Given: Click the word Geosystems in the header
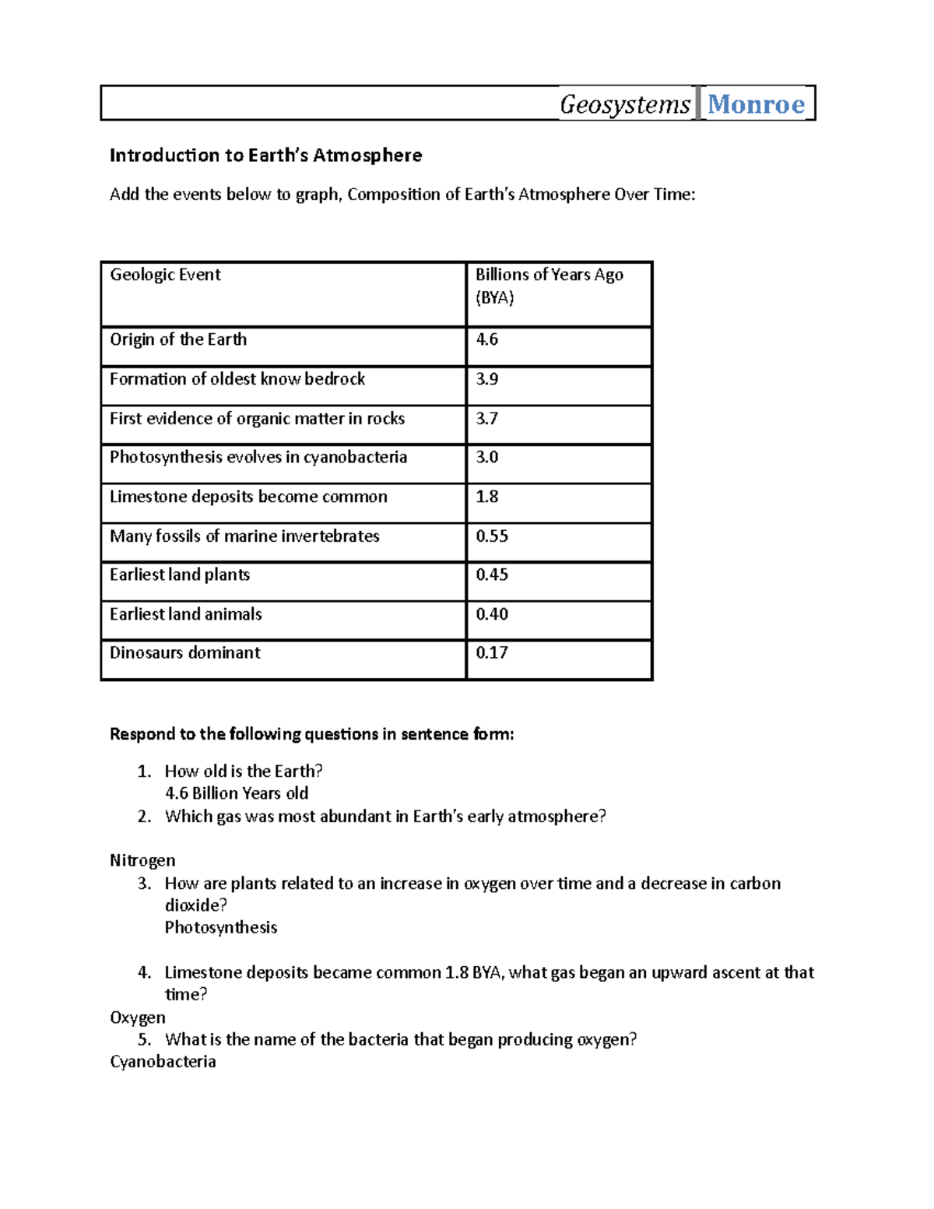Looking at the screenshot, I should [x=625, y=104].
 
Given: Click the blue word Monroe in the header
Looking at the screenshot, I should [x=756, y=104].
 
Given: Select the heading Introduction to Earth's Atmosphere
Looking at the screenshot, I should [x=265, y=156].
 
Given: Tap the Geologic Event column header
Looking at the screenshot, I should [x=165, y=275].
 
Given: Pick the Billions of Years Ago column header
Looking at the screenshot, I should [x=549, y=286].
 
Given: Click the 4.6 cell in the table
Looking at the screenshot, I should [x=487, y=339].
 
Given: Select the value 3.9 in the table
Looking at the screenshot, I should [x=487, y=379].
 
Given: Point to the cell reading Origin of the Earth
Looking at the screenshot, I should [x=178, y=339].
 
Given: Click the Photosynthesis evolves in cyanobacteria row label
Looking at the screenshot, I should [x=258, y=457].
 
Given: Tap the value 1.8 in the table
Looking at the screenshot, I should [x=487, y=497].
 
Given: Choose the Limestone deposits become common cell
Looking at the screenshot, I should [x=248, y=497].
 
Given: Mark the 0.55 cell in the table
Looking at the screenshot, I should [x=492, y=536].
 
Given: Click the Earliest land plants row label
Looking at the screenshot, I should [x=180, y=575].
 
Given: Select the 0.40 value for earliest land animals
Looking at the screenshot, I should [x=492, y=614].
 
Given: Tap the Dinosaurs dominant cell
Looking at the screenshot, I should [x=185, y=652].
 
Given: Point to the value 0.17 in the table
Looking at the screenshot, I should [x=492, y=652].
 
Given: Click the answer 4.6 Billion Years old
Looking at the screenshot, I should [x=237, y=793].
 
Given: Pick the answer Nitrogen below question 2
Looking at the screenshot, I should [x=142, y=860].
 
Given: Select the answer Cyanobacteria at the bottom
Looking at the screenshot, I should [x=163, y=1062].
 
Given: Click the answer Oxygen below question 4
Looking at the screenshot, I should [x=138, y=1017].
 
